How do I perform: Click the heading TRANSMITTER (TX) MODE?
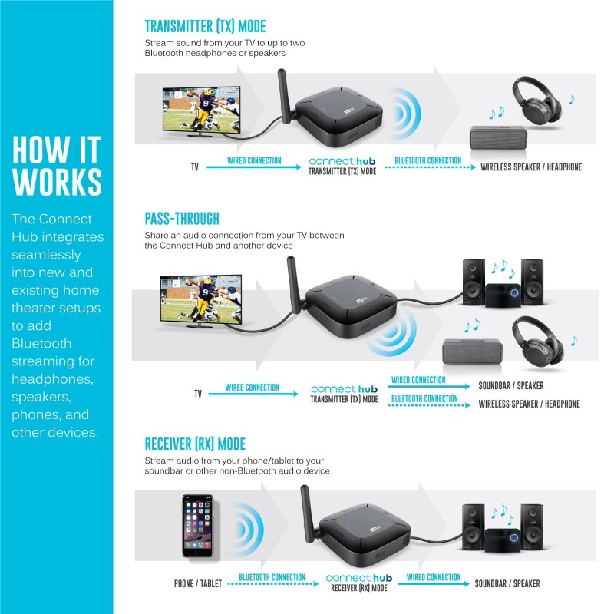pos(205,26)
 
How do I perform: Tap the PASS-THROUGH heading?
pos(182,218)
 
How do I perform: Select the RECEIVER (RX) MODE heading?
pos(195,444)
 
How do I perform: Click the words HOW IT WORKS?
pos(57,166)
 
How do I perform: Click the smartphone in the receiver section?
pos(197,526)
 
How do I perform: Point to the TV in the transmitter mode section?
pos(200,111)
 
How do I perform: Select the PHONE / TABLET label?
pos(197,584)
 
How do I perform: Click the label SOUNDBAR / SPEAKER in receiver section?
pos(507,584)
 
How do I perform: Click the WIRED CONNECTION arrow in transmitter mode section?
pos(254,165)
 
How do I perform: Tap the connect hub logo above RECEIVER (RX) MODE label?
pos(359,577)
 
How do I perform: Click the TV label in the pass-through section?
pos(197,394)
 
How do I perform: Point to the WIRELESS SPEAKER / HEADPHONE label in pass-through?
pos(529,404)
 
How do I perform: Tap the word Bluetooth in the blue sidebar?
pos(41,343)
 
